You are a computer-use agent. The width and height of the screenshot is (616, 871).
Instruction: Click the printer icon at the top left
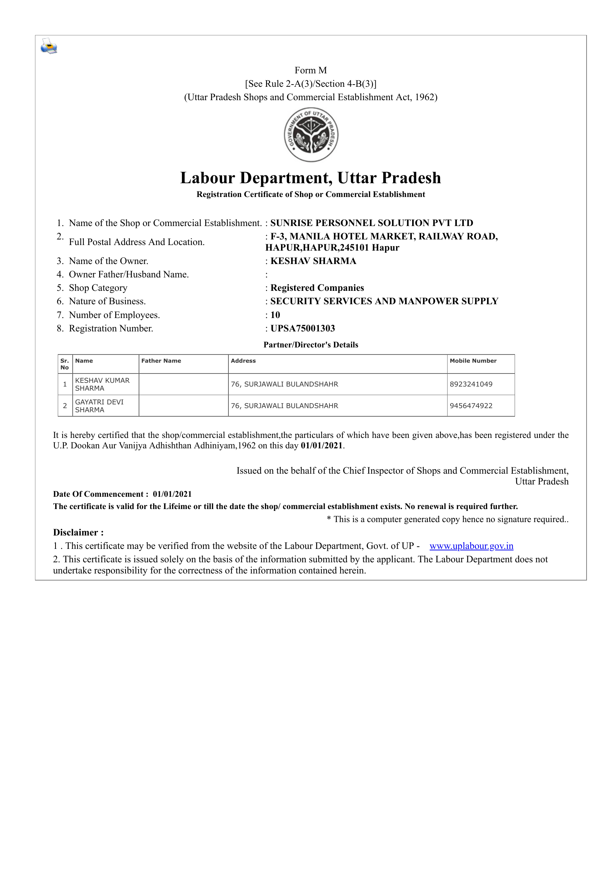click(x=49, y=46)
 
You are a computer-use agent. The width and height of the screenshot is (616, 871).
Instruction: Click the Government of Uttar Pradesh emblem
click(x=311, y=135)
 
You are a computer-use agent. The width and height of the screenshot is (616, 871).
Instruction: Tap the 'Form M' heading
click(x=310, y=70)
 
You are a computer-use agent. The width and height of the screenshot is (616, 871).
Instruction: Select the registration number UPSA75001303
click(x=303, y=328)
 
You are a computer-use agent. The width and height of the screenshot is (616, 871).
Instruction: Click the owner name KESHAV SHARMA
click(x=313, y=261)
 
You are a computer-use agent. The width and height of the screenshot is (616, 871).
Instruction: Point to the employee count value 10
click(x=275, y=315)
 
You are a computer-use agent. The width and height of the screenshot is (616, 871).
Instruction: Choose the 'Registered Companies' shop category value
click(x=317, y=288)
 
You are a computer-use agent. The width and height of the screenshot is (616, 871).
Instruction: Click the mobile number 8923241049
click(x=471, y=384)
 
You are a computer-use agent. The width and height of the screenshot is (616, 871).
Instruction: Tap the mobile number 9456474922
click(x=471, y=406)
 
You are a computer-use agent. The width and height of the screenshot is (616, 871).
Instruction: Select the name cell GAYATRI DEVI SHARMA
click(x=99, y=406)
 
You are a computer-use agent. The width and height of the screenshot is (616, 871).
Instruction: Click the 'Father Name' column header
click(x=161, y=361)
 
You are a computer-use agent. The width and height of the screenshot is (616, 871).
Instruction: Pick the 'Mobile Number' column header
click(x=473, y=361)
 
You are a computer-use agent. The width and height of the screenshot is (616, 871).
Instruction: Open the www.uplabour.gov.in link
click(x=471, y=546)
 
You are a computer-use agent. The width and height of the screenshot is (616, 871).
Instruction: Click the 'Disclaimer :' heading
click(x=78, y=532)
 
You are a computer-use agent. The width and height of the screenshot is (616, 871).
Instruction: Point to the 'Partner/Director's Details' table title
click(x=311, y=345)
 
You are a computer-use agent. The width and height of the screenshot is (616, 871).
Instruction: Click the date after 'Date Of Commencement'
click(x=172, y=494)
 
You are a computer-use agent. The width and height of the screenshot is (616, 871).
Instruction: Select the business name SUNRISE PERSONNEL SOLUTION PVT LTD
click(x=372, y=223)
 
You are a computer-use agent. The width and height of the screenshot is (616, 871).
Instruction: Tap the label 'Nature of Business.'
click(x=107, y=301)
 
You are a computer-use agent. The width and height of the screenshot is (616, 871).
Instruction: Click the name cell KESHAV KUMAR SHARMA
click(x=102, y=384)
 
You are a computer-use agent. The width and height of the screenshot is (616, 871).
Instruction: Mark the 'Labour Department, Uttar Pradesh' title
click(x=310, y=178)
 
